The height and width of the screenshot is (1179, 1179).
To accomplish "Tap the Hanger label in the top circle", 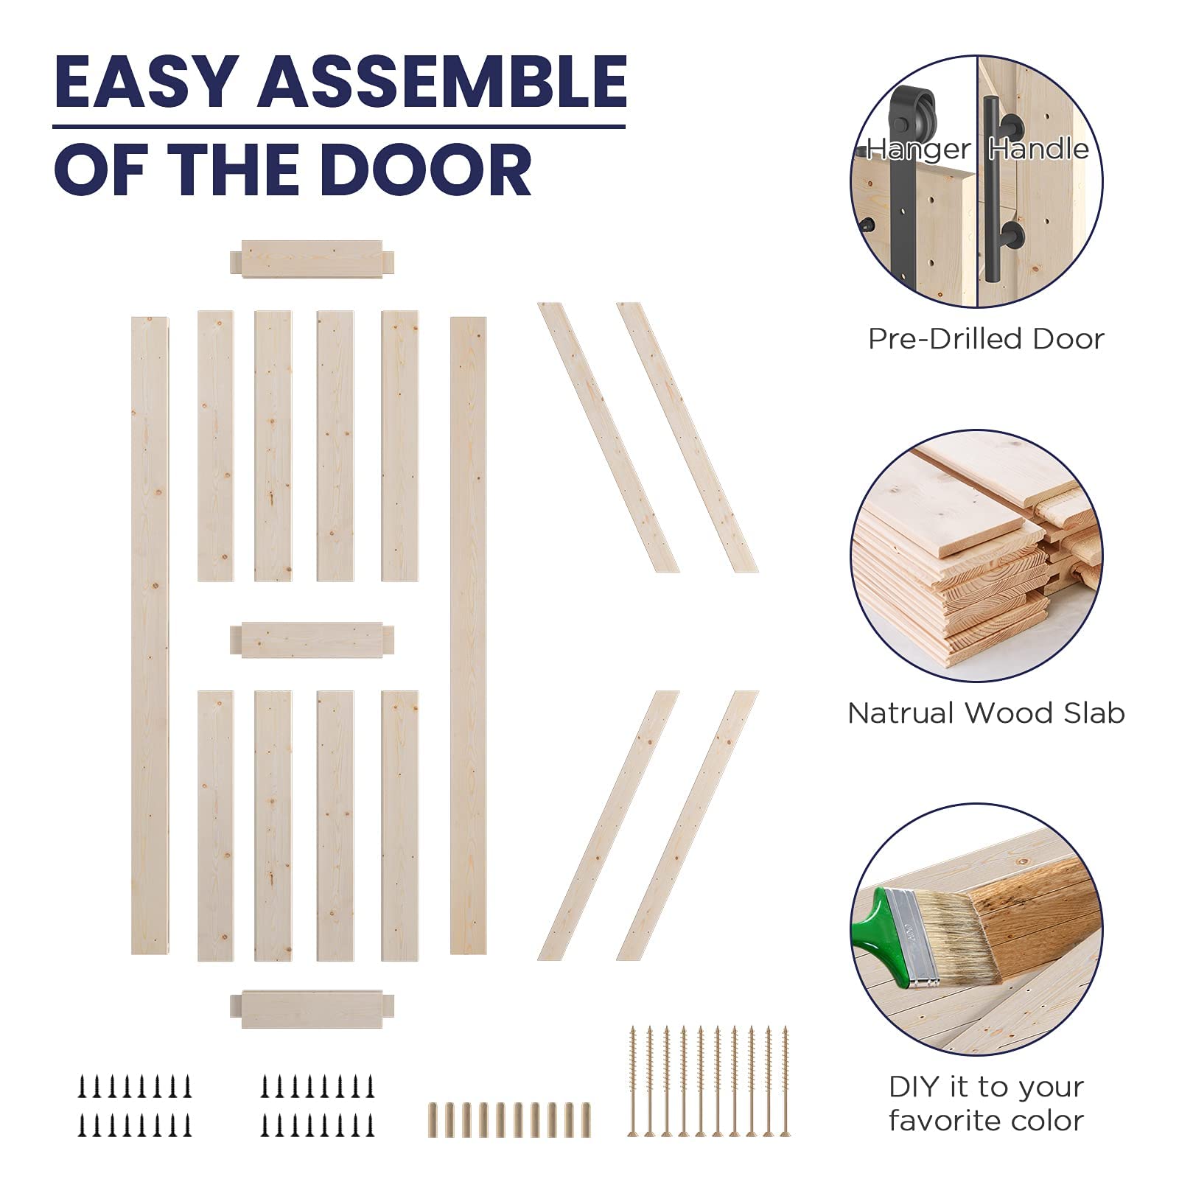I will [918, 150].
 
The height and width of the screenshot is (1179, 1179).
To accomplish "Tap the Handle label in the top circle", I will [1038, 150].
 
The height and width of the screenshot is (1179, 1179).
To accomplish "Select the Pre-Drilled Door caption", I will [986, 339].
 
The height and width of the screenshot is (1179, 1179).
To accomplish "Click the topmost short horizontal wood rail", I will [312, 259].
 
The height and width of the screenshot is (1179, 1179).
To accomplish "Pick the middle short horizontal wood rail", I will [312, 640].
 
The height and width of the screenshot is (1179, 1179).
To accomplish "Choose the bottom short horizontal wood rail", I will [312, 1007].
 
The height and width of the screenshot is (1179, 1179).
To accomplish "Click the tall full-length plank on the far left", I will [150, 634].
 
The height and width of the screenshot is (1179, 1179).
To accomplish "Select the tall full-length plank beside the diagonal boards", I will [468, 634].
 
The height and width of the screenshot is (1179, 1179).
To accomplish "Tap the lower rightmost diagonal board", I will [687, 825].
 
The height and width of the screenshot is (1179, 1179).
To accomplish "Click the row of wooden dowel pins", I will [508, 1119].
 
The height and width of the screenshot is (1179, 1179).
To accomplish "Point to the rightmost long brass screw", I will [785, 1080].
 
